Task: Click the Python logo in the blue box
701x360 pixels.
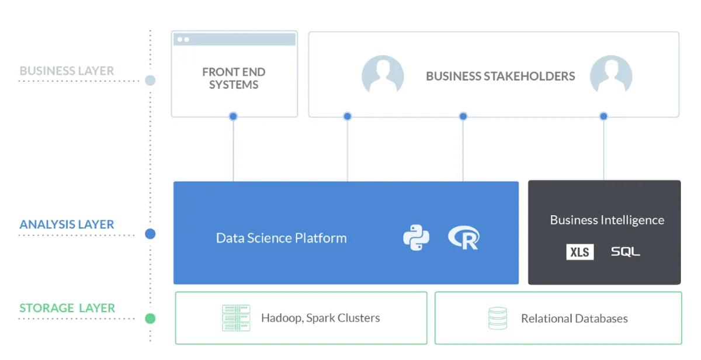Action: click(416, 238)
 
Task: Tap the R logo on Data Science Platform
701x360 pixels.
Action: click(464, 238)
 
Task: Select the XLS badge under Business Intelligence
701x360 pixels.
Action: click(579, 252)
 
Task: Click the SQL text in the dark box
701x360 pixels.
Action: click(625, 252)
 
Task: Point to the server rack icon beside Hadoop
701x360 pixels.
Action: click(236, 318)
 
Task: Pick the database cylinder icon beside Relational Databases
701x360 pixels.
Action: click(498, 319)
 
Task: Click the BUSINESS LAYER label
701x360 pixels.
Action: click(67, 71)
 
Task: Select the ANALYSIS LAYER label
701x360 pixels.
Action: click(67, 224)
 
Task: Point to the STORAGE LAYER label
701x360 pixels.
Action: click(67, 308)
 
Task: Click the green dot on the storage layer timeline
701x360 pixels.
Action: click(150, 319)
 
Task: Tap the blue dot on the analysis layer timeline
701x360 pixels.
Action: click(150, 234)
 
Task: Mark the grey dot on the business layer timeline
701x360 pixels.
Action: click(150, 81)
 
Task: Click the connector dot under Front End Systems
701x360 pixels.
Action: click(233, 116)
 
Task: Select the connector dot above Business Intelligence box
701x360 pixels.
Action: click(603, 116)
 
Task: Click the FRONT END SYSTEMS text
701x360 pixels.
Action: click(234, 78)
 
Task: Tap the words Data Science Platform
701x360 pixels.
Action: click(281, 238)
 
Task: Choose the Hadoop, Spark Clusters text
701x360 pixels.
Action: click(320, 318)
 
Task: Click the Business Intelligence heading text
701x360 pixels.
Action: click(607, 220)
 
